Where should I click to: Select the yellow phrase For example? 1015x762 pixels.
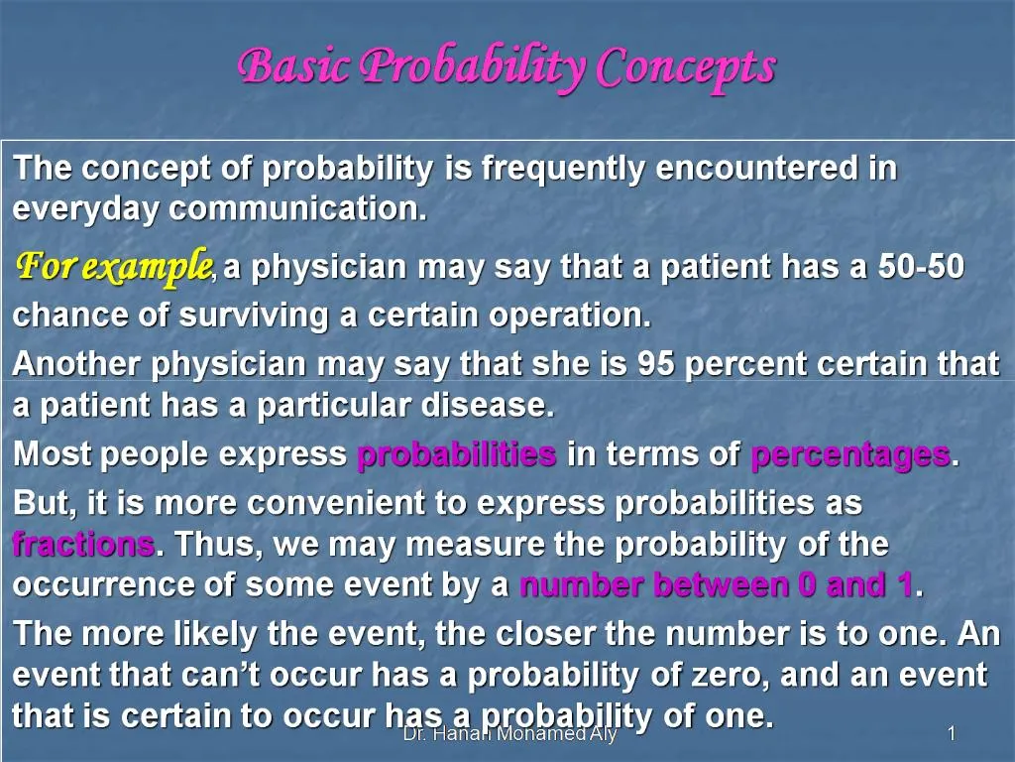(113, 266)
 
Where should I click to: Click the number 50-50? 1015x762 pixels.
(921, 267)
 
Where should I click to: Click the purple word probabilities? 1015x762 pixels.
(456, 454)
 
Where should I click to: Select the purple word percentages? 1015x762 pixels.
(850, 454)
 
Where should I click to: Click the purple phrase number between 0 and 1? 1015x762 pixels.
(716, 585)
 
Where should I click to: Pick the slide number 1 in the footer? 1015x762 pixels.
(951, 734)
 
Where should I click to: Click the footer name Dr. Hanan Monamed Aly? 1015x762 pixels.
(509, 734)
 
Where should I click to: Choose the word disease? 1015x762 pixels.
(501, 406)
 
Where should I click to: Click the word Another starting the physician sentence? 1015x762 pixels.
(77, 365)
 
